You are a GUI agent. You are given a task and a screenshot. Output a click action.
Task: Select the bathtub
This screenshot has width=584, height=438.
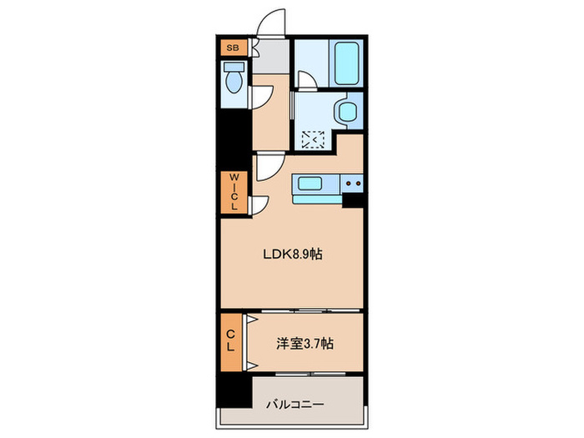coord(346,63)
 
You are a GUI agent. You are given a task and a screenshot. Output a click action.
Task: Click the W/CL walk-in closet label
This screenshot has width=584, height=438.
coord(234,191)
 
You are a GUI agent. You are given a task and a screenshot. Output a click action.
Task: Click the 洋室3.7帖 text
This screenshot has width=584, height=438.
coord(307,342)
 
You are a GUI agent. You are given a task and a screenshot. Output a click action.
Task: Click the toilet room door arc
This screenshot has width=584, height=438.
coord(261,93)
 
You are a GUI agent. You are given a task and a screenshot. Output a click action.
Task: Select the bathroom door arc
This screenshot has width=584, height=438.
coord(307,81)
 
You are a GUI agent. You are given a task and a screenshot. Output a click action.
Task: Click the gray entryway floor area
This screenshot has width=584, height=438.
coord(267,58)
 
